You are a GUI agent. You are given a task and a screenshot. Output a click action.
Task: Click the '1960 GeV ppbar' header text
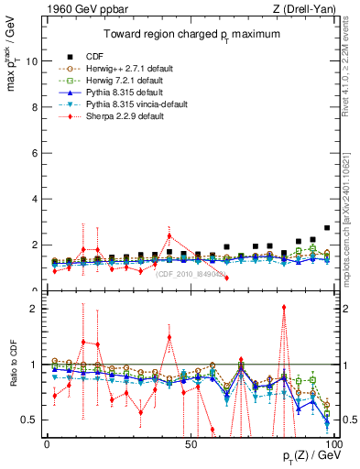point(80,10)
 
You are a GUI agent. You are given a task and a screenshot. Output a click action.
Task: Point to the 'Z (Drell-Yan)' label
point(303,10)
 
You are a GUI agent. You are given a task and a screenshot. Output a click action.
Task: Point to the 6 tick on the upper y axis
point(34,153)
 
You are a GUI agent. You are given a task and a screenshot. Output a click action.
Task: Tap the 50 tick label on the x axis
point(191,444)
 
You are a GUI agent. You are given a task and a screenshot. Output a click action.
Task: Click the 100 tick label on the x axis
point(333,444)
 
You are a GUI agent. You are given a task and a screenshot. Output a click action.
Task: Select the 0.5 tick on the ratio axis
point(29,420)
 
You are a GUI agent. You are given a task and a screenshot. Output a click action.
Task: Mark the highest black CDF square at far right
point(327,228)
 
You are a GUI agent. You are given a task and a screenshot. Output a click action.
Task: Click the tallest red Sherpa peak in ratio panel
point(284,308)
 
